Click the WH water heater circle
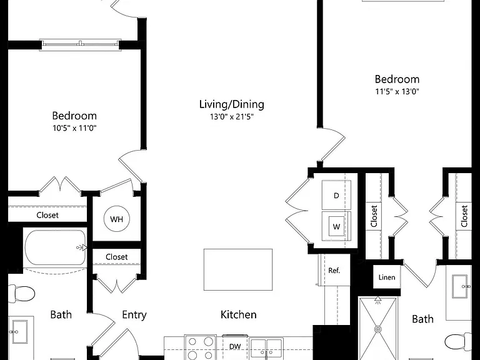pyautogui.click(x=117, y=219)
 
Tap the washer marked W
pyautogui.click(x=336, y=226)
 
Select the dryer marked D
pyautogui.click(x=336, y=195)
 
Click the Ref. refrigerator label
pyautogui.click(x=334, y=270)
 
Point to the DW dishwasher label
pyautogui.click(x=235, y=346)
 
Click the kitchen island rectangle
pyautogui.click(x=238, y=269)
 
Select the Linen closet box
pyautogui.click(x=387, y=277)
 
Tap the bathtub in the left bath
pyautogui.click(x=56, y=247)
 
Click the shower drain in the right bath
pyautogui.click(x=378, y=329)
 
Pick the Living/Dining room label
pyautogui.click(x=232, y=104)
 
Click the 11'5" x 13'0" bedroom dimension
pyautogui.click(x=397, y=91)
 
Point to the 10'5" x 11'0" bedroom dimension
pyautogui.click(x=74, y=128)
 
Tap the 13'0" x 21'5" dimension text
pyautogui.click(x=232, y=117)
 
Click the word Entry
pyautogui.click(x=134, y=315)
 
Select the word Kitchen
pyautogui.click(x=239, y=314)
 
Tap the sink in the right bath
pyautogui.click(x=460, y=286)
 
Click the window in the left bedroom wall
pyautogui.click(x=80, y=45)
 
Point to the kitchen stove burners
pyautogui.click(x=201, y=348)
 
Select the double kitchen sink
pyautogui.click(x=266, y=348)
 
